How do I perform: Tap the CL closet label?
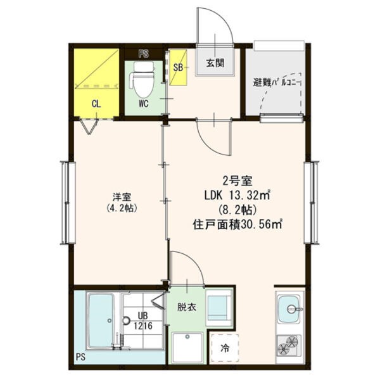[x=96, y=104]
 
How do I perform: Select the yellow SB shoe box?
[x=179, y=67]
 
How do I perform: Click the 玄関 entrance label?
[x=215, y=63]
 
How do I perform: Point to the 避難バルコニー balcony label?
[x=276, y=82]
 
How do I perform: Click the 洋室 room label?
[x=122, y=197]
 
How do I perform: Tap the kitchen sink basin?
[x=289, y=309]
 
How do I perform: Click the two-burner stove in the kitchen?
[x=289, y=345]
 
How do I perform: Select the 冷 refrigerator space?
[x=225, y=348]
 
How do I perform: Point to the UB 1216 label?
[x=143, y=320]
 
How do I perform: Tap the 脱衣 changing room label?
[x=187, y=307]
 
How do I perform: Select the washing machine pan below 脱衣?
[x=187, y=347]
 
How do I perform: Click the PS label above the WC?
[x=144, y=54]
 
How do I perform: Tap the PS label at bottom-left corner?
[x=80, y=357]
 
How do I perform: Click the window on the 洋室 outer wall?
[x=67, y=203]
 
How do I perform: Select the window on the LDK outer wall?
[x=312, y=203]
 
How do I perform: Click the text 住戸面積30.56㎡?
[x=237, y=224]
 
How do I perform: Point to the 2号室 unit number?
[x=237, y=180]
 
